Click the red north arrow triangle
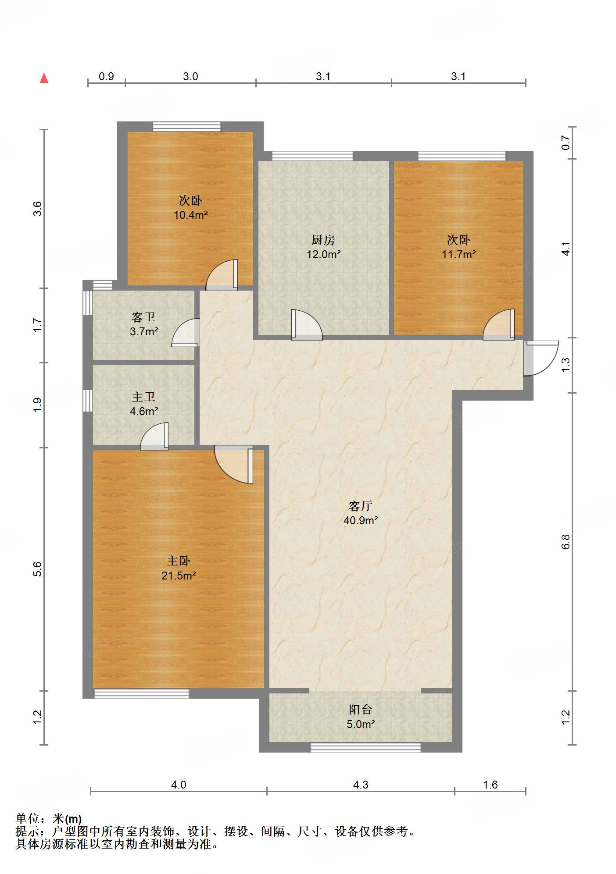point(44,78)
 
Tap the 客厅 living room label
point(360,506)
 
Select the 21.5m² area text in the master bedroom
point(178,576)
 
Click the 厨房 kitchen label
point(323,240)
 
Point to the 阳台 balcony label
point(360,710)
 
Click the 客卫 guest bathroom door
point(186,333)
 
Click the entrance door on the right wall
point(540,358)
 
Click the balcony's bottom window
point(365,747)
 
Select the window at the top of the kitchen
point(312,156)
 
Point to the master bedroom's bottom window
point(141,693)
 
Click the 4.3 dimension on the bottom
point(360,785)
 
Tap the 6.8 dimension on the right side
point(566,542)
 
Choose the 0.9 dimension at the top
point(106,76)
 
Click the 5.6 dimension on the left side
point(37,568)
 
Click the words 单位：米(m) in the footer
point(49,818)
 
